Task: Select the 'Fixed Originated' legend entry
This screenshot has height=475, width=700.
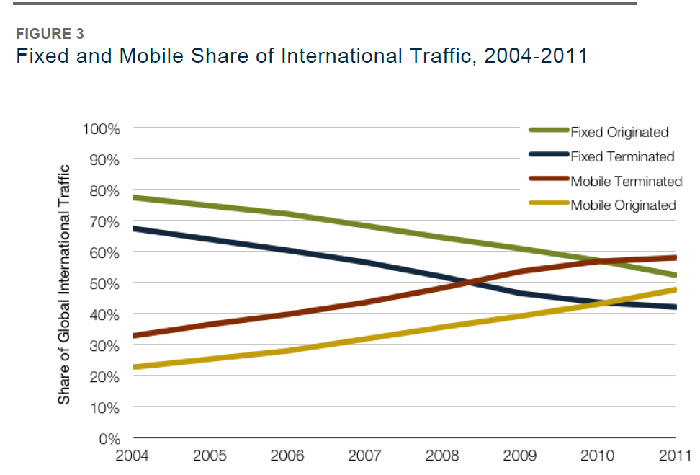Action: click(619, 132)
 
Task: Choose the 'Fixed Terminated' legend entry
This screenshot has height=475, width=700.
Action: click(622, 156)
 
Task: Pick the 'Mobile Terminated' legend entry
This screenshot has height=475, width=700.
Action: click(626, 181)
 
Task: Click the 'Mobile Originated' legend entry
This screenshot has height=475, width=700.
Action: click(623, 205)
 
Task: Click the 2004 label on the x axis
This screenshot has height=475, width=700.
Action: click(134, 456)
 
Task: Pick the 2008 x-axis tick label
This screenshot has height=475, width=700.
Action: click(443, 456)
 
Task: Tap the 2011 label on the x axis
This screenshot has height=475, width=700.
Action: click(674, 456)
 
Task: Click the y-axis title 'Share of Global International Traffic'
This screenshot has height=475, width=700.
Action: click(64, 284)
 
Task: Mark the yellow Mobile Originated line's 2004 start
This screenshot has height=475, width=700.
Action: click(135, 367)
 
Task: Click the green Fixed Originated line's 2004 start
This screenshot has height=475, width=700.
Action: click(135, 197)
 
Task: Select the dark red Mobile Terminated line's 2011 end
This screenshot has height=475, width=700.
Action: click(674, 257)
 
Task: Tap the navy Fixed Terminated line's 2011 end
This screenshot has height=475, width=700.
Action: click(674, 307)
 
